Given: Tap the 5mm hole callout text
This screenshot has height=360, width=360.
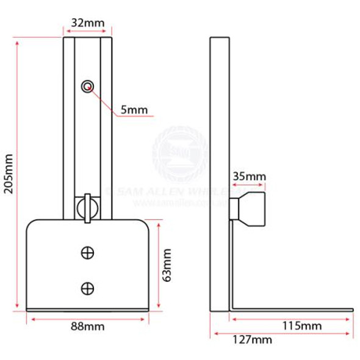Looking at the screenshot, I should (134, 110).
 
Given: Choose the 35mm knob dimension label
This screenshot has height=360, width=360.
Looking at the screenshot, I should (250, 177).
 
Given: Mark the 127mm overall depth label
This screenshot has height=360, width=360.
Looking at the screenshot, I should (253, 340).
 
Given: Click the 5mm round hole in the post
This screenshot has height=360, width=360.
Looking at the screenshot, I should (88, 86).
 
